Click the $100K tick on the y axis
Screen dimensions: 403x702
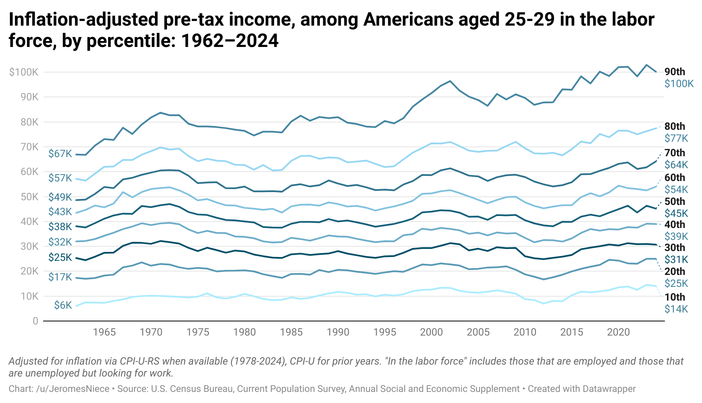(x=23, y=72)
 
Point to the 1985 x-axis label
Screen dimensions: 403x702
(x=291, y=333)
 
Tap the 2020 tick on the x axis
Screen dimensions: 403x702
(x=618, y=333)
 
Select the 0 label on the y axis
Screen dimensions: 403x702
(x=35, y=321)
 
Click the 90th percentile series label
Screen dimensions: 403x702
(x=675, y=72)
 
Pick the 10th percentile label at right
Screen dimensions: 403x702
(x=675, y=297)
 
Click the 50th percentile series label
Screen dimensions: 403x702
(x=675, y=201)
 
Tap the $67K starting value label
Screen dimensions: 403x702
(x=60, y=154)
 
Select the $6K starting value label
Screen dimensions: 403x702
(x=63, y=305)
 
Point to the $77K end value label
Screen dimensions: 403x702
(x=676, y=138)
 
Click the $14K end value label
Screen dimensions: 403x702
(x=676, y=309)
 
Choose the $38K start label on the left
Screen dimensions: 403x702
(x=60, y=226)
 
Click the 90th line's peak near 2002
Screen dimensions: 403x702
(x=450, y=81)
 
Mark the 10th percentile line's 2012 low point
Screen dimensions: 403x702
(x=543, y=304)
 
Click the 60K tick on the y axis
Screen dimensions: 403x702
(x=29, y=172)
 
